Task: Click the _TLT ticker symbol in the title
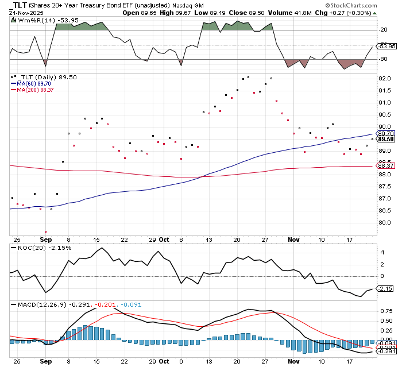click(18, 5)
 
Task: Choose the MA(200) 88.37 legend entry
click(36, 90)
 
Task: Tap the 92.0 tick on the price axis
click(385, 78)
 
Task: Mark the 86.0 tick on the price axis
click(385, 223)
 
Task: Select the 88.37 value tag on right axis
click(385, 167)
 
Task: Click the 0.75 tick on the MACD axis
click(385, 311)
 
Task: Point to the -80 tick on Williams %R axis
click(383, 59)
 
